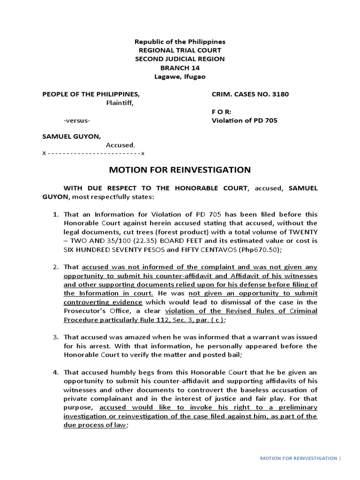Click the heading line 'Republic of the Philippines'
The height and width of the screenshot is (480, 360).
(x=180, y=42)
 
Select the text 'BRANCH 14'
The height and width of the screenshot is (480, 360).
(x=180, y=67)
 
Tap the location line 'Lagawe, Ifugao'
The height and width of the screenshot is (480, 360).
(x=180, y=76)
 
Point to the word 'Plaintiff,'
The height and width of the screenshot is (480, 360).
(x=120, y=103)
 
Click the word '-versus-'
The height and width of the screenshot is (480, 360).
(x=77, y=120)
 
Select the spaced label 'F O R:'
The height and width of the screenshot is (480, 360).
(x=222, y=112)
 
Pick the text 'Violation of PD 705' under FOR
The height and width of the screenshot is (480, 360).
(x=245, y=120)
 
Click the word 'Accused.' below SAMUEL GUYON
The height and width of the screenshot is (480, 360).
(x=120, y=145)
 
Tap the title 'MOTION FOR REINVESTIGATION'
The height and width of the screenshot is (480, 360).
(x=180, y=170)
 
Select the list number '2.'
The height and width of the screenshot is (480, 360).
(x=55, y=267)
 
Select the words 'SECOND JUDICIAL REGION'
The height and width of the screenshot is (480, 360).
(x=180, y=59)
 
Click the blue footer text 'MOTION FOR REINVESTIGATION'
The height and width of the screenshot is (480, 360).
(x=298, y=458)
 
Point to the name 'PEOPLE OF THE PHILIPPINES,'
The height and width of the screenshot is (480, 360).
(x=91, y=94)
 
